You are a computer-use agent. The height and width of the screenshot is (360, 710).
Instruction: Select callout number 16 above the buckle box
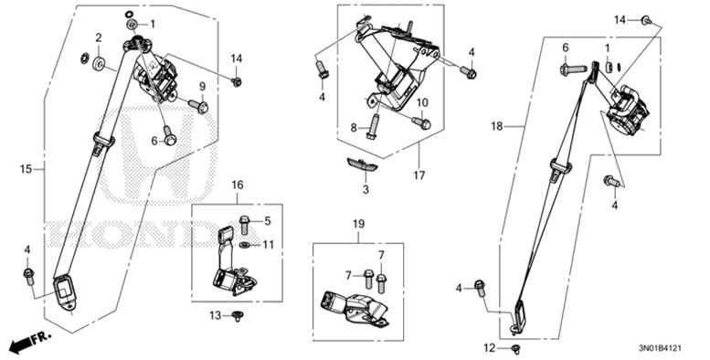tap(237, 185)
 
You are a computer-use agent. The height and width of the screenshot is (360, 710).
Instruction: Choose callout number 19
tap(358, 224)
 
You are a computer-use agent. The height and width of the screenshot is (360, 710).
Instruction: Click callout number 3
tap(365, 190)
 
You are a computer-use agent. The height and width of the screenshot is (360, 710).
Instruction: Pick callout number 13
tap(215, 315)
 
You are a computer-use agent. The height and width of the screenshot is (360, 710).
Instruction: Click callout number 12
tap(490, 347)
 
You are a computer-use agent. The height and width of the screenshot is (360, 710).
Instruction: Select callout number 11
tap(269, 245)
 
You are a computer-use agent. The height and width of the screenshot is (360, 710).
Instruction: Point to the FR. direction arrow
tap(27, 343)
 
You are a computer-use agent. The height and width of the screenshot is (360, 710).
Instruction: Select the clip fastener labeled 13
tap(238, 316)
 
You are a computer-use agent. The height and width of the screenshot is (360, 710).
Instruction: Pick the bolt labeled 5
tap(244, 221)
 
